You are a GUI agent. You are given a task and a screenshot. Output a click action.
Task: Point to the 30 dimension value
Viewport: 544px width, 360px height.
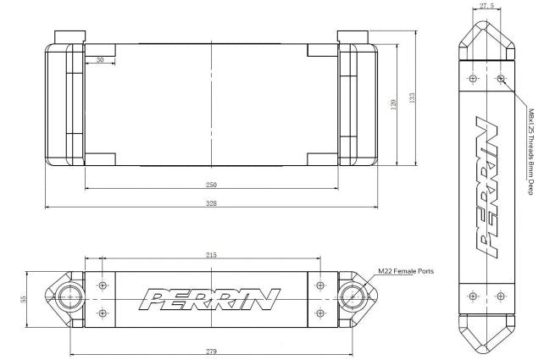(100, 60)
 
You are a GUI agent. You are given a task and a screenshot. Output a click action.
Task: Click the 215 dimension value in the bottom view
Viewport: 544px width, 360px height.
(211, 254)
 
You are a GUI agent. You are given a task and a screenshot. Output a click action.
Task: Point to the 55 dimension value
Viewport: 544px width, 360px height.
(25, 299)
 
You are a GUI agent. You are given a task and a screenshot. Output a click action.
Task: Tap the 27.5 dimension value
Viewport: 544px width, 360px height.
(486, 6)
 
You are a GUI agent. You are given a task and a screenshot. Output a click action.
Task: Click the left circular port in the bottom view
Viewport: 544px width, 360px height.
(70, 299)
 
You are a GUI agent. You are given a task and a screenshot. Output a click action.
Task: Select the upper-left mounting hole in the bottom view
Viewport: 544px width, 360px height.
(103, 285)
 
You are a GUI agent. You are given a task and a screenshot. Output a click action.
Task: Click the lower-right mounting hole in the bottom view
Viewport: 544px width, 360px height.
(319, 313)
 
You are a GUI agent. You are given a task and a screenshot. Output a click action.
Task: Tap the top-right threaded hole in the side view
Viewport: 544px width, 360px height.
(501, 80)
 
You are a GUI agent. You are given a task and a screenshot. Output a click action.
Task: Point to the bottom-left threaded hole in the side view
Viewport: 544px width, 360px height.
(472, 296)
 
